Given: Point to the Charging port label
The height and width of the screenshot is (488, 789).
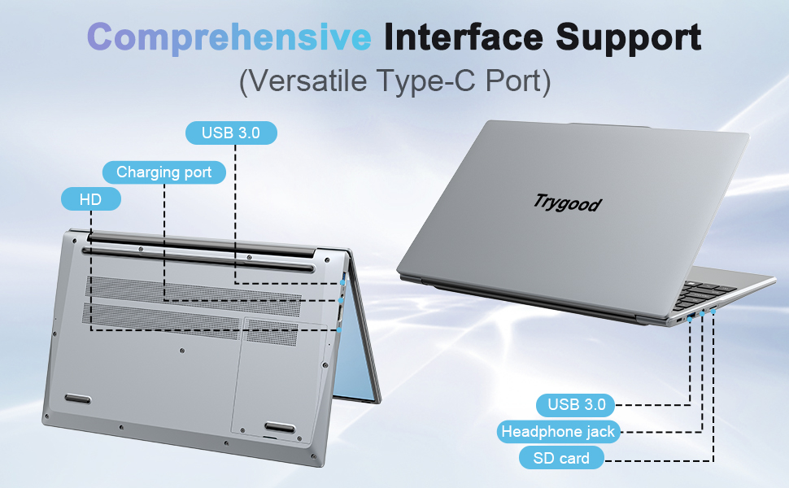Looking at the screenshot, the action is tap(163, 172).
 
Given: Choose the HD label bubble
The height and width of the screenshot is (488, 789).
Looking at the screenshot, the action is tap(90, 199).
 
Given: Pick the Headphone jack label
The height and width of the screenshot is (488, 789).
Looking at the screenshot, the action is tap(558, 431).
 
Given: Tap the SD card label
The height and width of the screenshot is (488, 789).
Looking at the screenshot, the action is tap(561, 458).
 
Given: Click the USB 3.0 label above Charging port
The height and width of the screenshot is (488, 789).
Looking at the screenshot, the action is tap(231, 133).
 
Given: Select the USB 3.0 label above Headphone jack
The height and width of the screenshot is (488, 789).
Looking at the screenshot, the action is tap(576, 403).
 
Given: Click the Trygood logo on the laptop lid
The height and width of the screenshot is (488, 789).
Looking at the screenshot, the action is tap(568, 201).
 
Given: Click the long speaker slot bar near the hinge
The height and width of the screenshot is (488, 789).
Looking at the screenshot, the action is tap(199, 260).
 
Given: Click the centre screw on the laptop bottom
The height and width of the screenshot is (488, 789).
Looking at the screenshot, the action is tap(181, 351).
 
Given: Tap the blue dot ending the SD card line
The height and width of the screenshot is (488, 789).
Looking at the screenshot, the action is tap(713, 311).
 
